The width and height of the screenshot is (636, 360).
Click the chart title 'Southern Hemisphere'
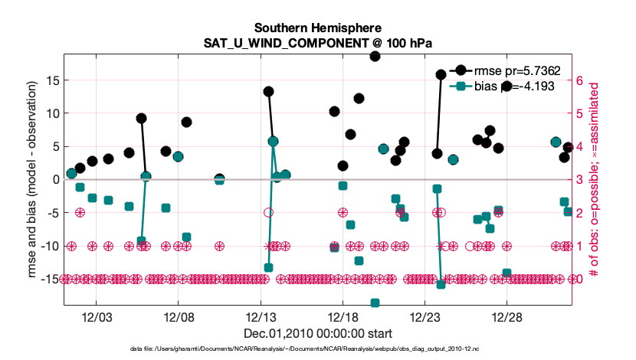[317, 28]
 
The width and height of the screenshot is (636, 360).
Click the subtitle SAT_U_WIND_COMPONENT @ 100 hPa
[317, 44]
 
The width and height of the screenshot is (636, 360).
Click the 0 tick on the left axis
[55, 179]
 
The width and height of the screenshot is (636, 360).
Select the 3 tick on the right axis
[580, 179]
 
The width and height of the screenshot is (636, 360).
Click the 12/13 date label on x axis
[261, 317]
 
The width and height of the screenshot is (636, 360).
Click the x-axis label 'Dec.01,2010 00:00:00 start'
[317, 333]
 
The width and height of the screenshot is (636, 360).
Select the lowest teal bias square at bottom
[375, 303]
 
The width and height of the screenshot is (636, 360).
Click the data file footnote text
[317, 349]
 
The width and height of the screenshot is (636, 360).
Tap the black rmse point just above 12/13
[268, 91]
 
